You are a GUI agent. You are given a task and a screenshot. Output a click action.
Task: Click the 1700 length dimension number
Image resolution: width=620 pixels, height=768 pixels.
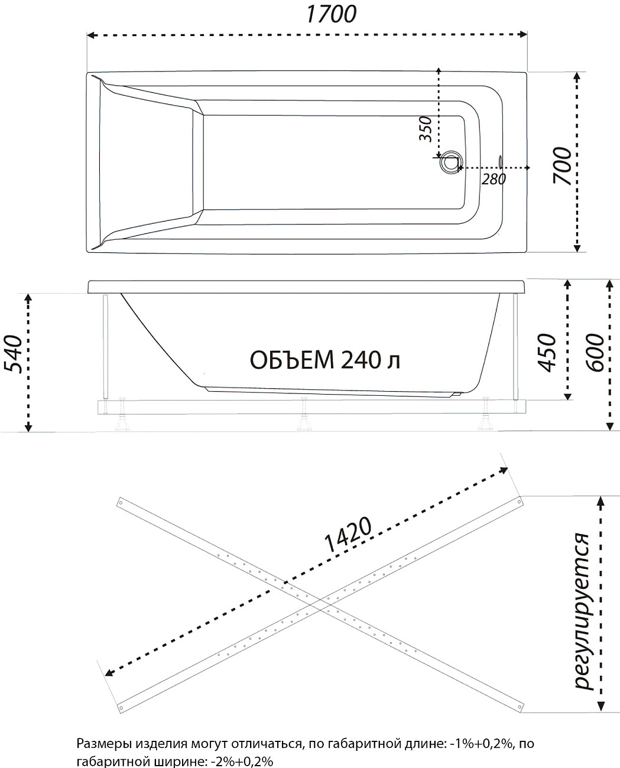click(331, 14)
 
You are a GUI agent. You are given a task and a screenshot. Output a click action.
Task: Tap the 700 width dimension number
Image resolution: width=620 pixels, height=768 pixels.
click(562, 165)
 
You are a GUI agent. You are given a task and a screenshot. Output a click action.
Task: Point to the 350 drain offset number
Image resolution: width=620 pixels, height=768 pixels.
click(426, 129)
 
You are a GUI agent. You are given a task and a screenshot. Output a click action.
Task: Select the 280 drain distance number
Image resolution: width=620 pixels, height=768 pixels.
click(494, 179)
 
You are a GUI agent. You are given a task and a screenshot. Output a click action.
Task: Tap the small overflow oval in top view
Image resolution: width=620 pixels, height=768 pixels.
click(500, 162)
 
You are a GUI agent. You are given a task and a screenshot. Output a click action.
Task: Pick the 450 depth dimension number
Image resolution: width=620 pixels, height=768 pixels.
click(546, 352)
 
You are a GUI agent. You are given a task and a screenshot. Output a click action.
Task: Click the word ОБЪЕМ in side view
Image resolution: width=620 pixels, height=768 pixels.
click(292, 360)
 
